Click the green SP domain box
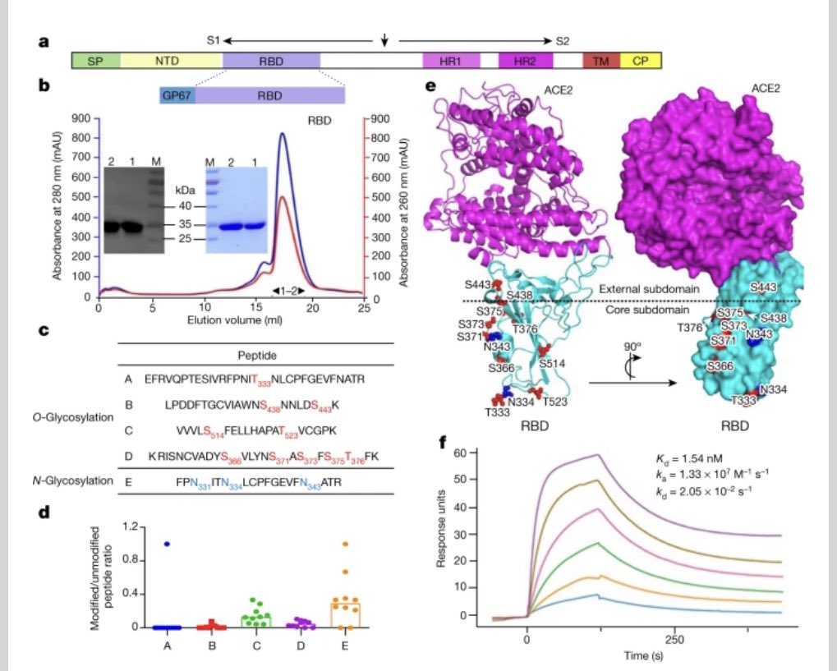pos(95,60)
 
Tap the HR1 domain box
pos(451,60)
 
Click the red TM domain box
pos(600,60)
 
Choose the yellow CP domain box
pos(640,60)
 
